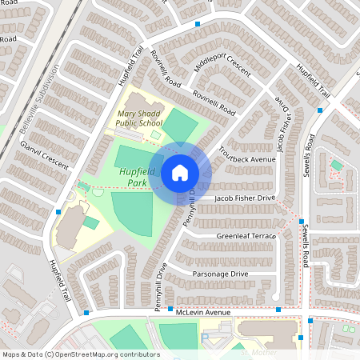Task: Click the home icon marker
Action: click(179, 173)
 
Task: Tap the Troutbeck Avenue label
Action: click(251, 160)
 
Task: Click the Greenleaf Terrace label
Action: click(246, 237)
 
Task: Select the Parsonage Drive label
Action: click(221, 274)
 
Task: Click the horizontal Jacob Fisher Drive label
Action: click(245, 198)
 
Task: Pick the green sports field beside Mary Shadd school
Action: click(180, 125)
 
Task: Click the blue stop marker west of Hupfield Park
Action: click(58, 212)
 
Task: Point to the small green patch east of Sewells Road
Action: click(337, 166)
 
